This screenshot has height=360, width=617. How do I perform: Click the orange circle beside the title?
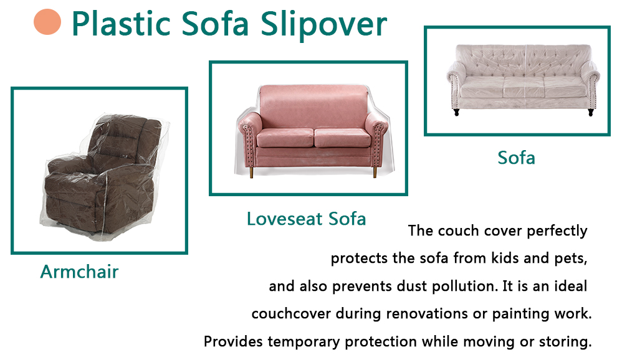point(47,22)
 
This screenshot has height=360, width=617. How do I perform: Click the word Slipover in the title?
point(323,24)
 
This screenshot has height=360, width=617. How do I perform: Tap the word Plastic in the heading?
point(121,24)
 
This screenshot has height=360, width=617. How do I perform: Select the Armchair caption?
point(80,272)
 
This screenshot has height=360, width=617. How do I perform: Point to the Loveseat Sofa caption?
point(306,219)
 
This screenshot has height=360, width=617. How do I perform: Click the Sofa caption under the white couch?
point(516,158)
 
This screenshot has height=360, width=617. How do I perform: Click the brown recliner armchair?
point(103,175)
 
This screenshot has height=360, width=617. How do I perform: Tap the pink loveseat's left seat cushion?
point(285,138)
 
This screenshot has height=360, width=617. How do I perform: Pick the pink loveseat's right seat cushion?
point(342,138)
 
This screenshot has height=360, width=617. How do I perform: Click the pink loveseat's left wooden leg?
point(251,173)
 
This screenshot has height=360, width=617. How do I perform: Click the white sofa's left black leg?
point(456,112)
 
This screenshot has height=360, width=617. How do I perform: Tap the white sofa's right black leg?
point(591,112)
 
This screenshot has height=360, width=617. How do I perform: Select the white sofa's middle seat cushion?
point(524,87)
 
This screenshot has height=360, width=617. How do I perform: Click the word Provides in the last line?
point(233,341)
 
